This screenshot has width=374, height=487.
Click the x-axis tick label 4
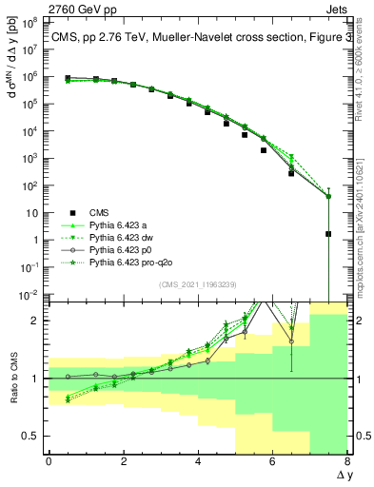click(197, 461)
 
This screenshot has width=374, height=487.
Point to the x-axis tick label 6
click(272, 461)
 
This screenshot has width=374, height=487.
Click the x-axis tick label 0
click(49, 461)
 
